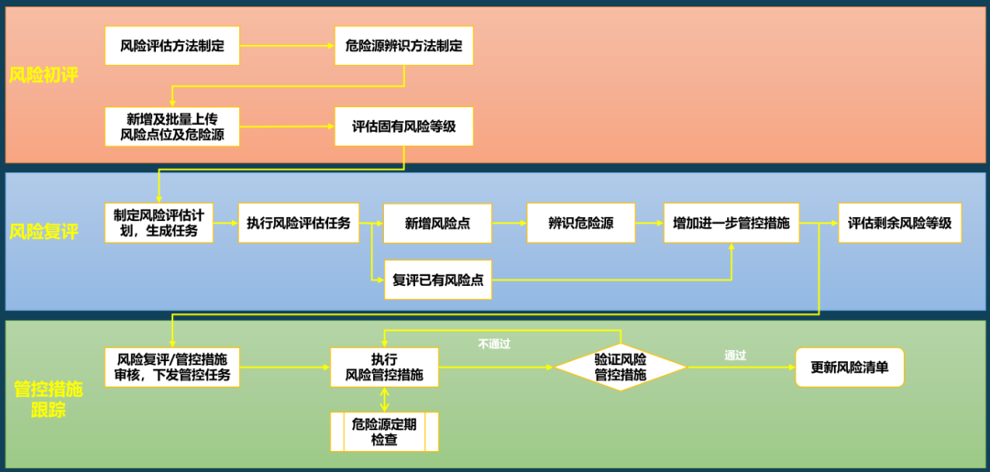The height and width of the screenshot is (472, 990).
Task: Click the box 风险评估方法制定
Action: coord(172,45)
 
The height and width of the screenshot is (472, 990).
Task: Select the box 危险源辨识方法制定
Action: coord(403,45)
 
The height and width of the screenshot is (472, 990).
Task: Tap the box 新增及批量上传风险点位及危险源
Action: coord(172,126)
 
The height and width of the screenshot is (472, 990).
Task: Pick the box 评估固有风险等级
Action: coord(403,126)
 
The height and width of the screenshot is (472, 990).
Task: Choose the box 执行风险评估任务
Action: coord(298,223)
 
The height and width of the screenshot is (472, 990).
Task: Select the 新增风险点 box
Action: coord(438,223)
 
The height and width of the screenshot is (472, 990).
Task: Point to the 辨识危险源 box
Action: coord(581,223)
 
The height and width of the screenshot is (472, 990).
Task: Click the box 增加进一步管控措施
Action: coord(731,223)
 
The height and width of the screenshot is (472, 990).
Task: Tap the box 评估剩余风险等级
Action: coord(899,223)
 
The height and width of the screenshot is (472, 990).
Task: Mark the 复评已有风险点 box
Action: coord(438,280)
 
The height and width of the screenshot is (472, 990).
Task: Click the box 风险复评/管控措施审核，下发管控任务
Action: coord(172,367)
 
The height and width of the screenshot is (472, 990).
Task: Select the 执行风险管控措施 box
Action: coord(384,367)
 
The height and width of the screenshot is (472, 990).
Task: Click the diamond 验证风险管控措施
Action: coord(621,367)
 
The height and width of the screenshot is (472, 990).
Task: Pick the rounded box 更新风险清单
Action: coord(850,367)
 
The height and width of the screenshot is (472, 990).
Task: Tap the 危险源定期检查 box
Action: coord(384,432)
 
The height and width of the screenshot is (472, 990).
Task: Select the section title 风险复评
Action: coord(43,232)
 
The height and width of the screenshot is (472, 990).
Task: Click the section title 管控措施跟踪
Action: coord(48,400)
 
